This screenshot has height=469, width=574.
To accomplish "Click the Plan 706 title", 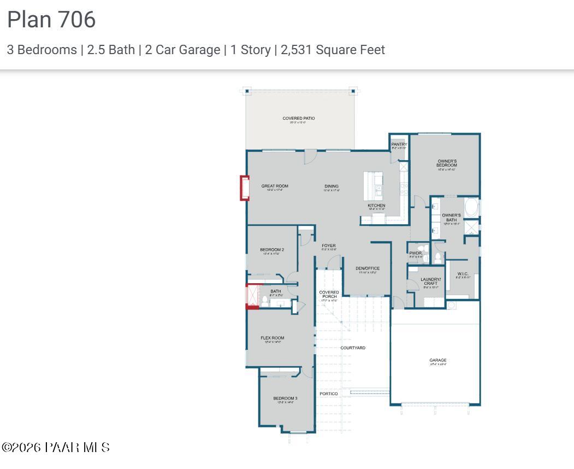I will (x=51, y=20).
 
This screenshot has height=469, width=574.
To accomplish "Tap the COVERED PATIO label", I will (x=298, y=119).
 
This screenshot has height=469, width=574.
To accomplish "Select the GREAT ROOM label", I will (x=275, y=186).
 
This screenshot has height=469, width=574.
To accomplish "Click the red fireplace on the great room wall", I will (x=245, y=187).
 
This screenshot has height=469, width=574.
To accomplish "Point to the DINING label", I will (x=332, y=186).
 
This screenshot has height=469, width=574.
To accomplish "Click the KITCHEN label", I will (x=376, y=206).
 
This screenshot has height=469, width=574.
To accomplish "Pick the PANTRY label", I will (x=399, y=145).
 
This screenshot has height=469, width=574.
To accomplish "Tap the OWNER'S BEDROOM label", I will (x=447, y=163).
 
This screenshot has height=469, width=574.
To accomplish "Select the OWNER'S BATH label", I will (x=451, y=217).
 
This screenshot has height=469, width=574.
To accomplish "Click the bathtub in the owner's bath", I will (x=472, y=208).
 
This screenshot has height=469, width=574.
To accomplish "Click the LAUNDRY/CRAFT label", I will (x=430, y=282).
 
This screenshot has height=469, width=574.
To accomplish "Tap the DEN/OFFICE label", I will (x=367, y=268).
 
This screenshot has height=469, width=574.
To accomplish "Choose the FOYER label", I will (x=329, y=246).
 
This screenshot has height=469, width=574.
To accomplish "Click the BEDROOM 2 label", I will (x=271, y=250).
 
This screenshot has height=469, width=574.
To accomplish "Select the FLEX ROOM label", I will (x=273, y=338).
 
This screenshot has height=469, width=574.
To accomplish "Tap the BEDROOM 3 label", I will (x=285, y=398).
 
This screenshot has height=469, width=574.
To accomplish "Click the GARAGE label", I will (x=437, y=360).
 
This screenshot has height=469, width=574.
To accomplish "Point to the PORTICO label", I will (x=329, y=394).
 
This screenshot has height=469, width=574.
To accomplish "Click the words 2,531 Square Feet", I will (x=333, y=50).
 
